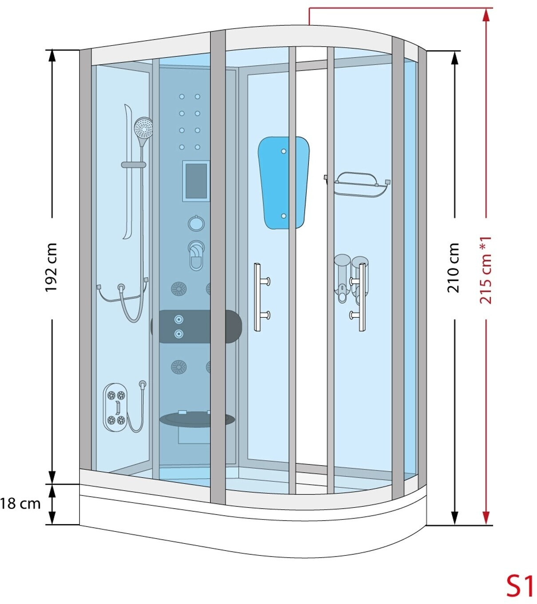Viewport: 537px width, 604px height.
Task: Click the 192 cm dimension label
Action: tap(51, 267)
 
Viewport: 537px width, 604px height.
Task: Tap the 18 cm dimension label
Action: tap(20, 504)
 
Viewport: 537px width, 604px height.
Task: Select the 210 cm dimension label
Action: tap(454, 267)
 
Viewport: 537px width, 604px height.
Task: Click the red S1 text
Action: tap(520, 586)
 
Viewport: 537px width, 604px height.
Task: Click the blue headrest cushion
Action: tap(283, 182)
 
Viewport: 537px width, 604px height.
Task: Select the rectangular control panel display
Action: tap(196, 181)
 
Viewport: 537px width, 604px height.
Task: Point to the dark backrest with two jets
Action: tap(196, 326)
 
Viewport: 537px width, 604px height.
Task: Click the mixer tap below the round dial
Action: tap(196, 255)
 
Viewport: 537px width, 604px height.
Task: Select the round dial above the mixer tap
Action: tap(196, 223)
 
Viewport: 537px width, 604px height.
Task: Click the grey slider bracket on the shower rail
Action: tap(134, 165)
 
